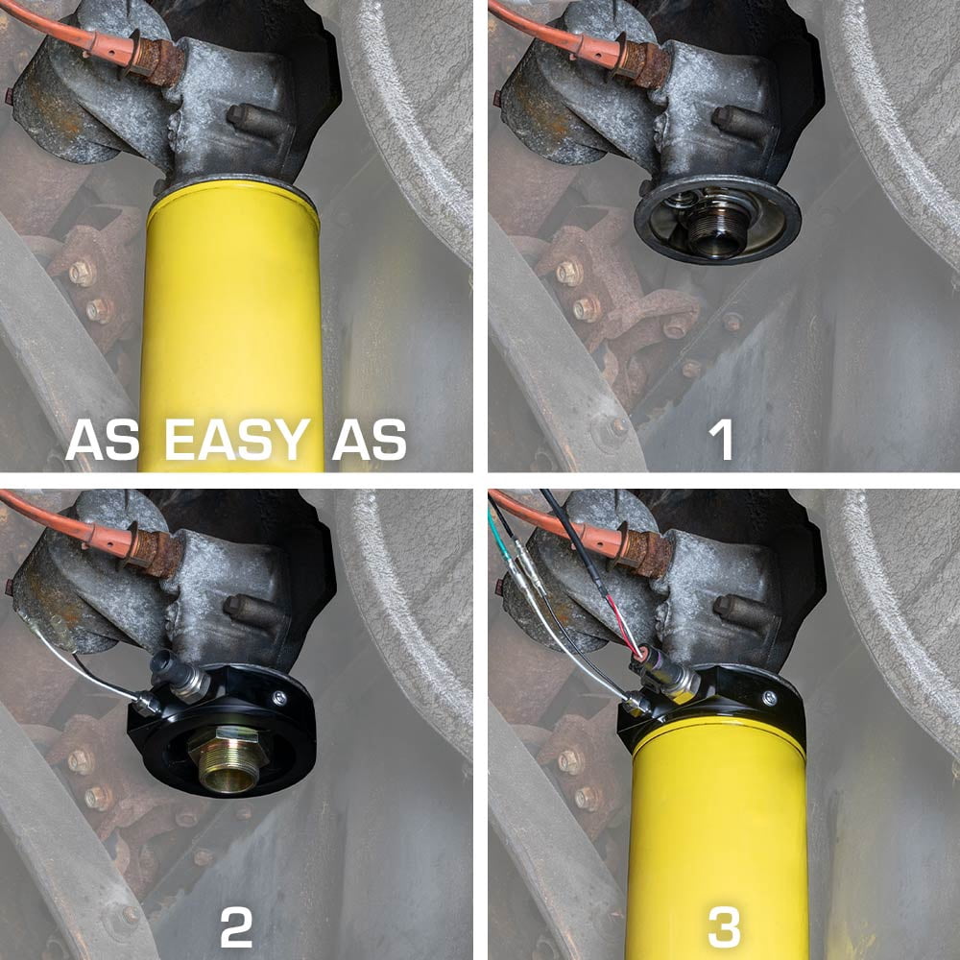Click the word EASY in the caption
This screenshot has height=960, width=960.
237,440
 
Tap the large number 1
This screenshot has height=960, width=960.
721,440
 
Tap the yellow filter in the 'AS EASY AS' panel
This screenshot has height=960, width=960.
232,324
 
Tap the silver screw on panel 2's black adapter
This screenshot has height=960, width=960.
279,697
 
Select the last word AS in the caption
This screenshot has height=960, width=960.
370,440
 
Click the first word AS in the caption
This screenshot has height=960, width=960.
103,440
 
